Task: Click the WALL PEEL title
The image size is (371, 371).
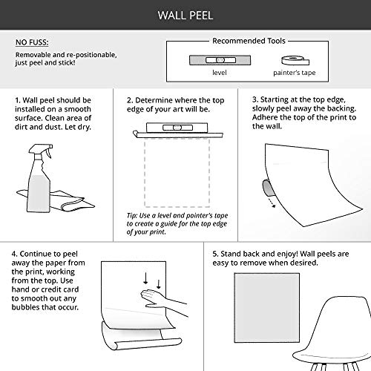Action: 185,16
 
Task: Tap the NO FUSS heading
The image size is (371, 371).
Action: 32,42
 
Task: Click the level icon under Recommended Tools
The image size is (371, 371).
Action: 220,60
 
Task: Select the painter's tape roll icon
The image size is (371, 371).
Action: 295,61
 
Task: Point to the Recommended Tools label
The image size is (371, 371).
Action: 249,41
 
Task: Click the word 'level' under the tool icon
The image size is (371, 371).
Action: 220,73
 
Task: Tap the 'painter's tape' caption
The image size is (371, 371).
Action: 295,73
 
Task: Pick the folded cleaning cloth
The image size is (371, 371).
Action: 57,200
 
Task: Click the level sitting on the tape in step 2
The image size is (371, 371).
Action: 177,128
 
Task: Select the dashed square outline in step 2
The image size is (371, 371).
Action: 177,172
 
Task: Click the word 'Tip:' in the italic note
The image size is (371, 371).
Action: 132,215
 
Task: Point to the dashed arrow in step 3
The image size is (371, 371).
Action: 272,202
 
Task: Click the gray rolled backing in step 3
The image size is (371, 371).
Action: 267,188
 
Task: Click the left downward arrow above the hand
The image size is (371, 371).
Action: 145,278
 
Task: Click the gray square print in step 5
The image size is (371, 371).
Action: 267,308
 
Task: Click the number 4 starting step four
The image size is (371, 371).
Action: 14,254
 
